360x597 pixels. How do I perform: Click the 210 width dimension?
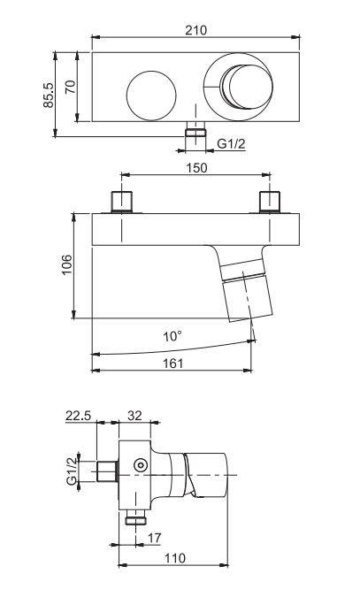(196, 30)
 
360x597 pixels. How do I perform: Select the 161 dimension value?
(172, 363)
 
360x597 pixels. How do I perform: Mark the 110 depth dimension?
(173, 559)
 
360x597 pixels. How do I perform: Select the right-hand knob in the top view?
(241, 88)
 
